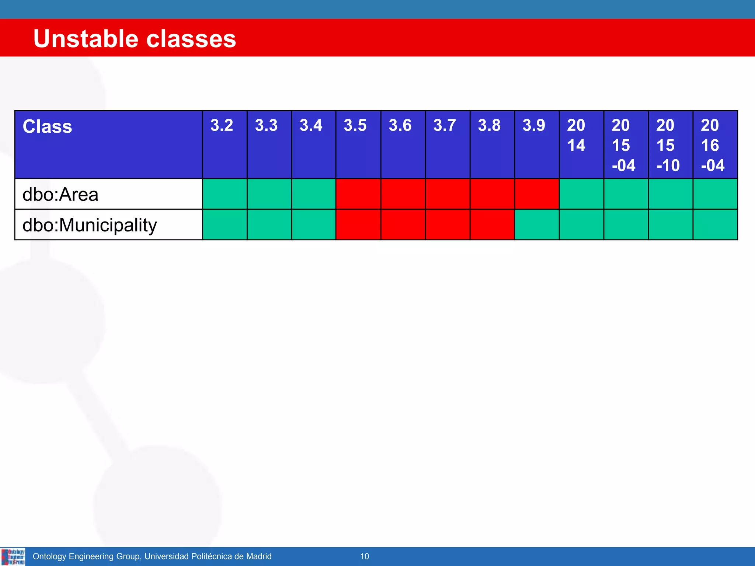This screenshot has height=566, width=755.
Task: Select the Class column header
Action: coord(48,127)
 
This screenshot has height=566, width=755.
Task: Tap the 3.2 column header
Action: coord(222,126)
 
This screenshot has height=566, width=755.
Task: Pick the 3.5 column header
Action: coord(355,126)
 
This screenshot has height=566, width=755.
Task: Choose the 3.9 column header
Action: coord(533,126)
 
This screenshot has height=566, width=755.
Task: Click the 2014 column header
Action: coord(576,135)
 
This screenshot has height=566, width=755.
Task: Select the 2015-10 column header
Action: coord(668,145)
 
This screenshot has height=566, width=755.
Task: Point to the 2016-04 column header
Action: coord(712,145)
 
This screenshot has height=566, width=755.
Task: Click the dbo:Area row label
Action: coord(60,194)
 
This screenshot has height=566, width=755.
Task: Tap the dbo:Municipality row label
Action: coord(90,225)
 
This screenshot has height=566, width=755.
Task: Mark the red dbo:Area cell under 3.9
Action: coord(537,194)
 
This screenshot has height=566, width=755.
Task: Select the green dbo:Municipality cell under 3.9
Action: coord(537,224)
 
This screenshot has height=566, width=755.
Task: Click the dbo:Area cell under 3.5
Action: coord(358,194)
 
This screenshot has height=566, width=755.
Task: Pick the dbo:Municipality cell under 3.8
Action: coord(492,224)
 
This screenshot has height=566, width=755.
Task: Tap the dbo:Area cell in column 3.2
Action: coord(225,194)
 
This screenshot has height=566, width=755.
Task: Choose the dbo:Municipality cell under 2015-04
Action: coord(626,224)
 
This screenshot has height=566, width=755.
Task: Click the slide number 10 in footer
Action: coord(364,556)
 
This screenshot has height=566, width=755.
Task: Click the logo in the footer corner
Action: coord(13,556)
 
